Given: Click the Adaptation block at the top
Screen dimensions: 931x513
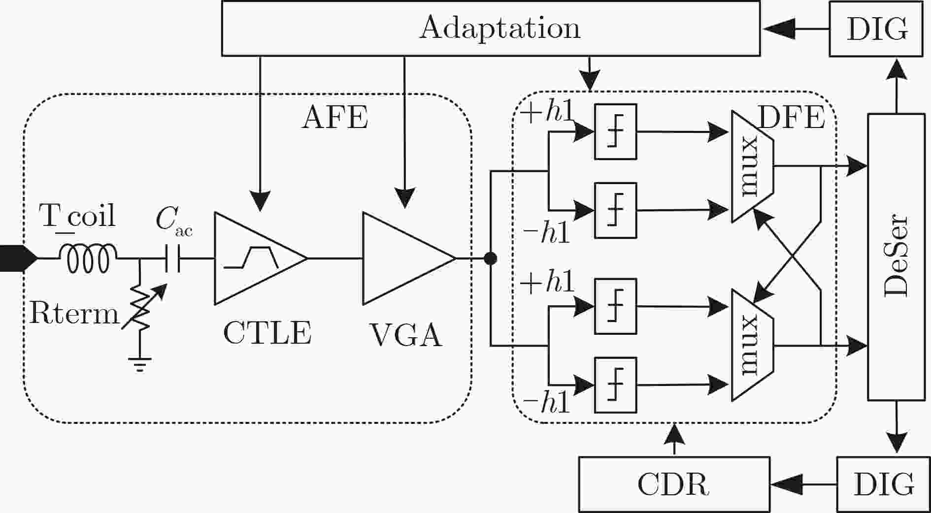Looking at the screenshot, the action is pyautogui.click(x=491, y=28).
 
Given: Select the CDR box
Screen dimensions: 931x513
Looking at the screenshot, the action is pyautogui.click(x=674, y=484).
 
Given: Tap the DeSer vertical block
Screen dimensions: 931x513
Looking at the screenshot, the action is pyautogui.click(x=896, y=257).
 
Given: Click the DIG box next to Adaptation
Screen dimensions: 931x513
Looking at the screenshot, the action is pyautogui.click(x=876, y=29).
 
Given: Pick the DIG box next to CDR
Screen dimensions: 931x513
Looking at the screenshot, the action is pyautogui.click(x=884, y=484).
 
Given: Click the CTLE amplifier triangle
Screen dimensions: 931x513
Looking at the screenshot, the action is pyautogui.click(x=261, y=258).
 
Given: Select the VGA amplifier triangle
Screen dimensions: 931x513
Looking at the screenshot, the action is pyautogui.click(x=409, y=258).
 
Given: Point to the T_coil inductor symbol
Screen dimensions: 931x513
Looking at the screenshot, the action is pyautogui.click(x=88, y=258).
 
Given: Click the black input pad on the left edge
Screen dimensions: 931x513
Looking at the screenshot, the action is pyautogui.click(x=18, y=258).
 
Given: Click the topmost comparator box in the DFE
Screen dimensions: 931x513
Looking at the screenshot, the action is pyautogui.click(x=615, y=131).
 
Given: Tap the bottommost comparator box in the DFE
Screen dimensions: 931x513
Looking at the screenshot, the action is pyautogui.click(x=615, y=385).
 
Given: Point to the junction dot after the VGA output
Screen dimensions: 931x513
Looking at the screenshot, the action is pyautogui.click(x=490, y=258).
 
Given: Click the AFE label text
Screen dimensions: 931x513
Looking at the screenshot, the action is pyautogui.click(x=335, y=118).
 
